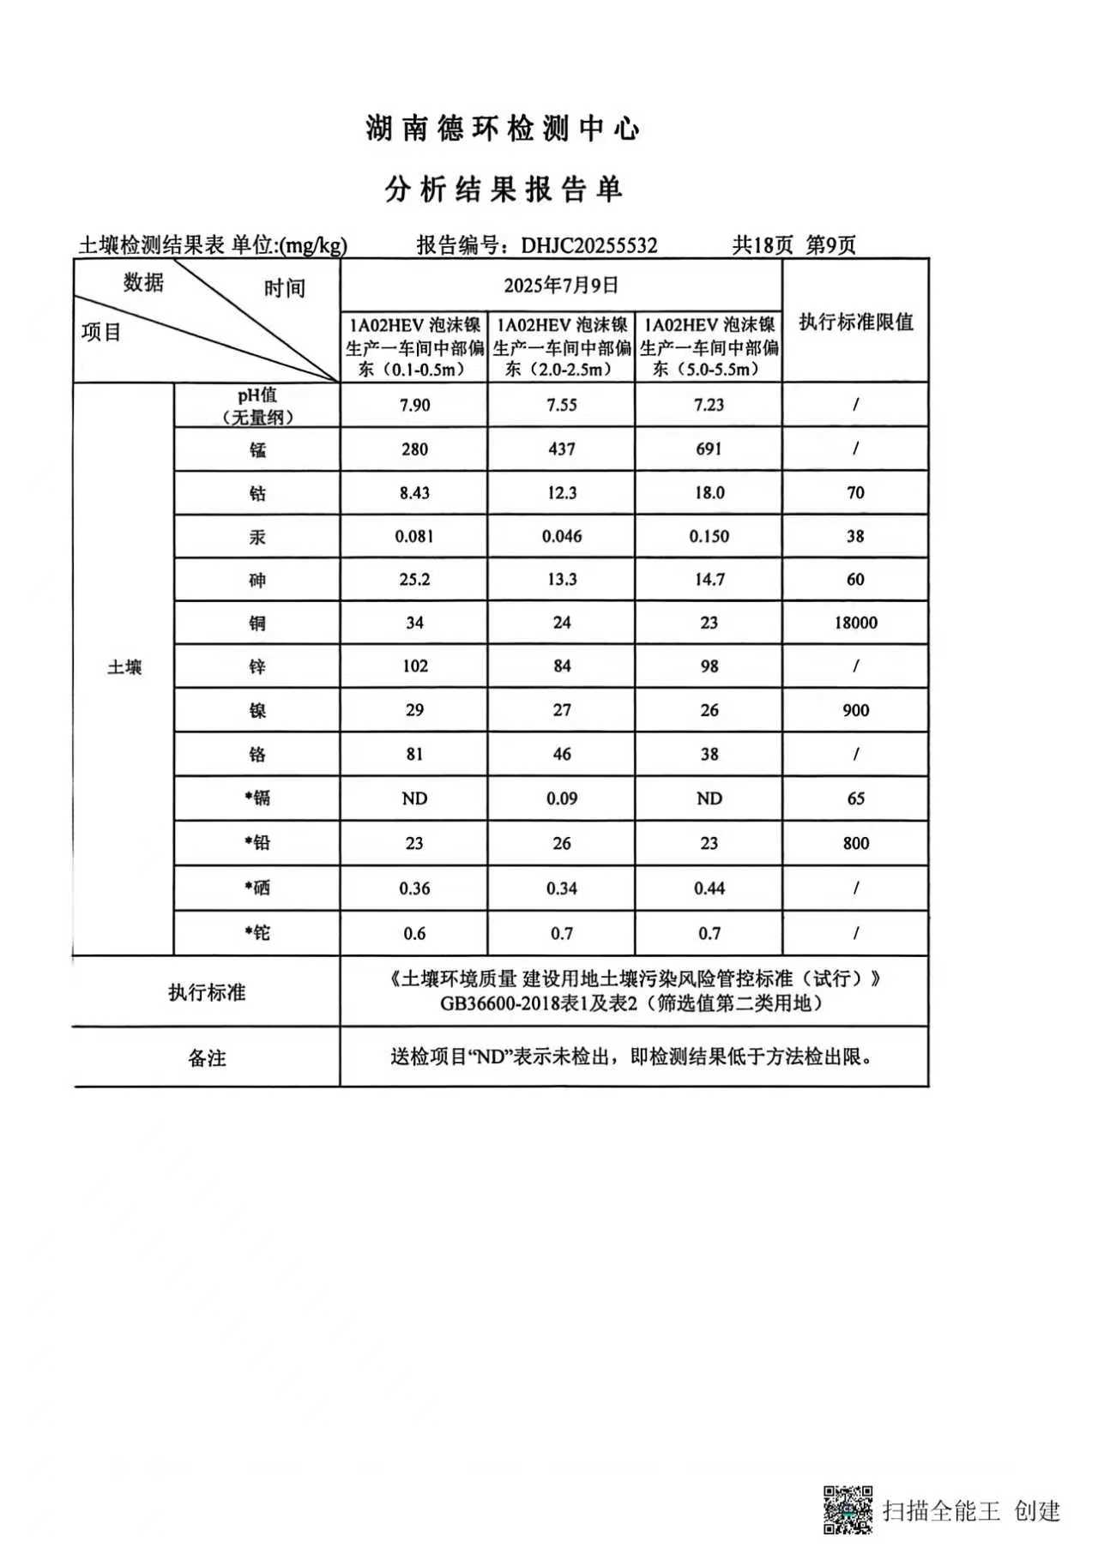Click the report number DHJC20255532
click(589, 246)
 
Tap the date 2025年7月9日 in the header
click(561, 286)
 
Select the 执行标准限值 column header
click(855, 322)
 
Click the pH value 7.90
click(414, 405)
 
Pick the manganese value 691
click(709, 449)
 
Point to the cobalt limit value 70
click(855, 493)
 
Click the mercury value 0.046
click(562, 537)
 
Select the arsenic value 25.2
click(414, 580)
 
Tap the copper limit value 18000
click(855, 623)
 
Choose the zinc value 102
click(414, 666)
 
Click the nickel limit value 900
click(855, 711)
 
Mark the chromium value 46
click(562, 755)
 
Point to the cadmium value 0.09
click(562, 799)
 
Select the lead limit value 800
click(855, 844)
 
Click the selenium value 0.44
click(709, 888)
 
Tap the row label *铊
click(257, 933)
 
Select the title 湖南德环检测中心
click(503, 129)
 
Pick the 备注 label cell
click(207, 1058)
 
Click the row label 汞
click(257, 538)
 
